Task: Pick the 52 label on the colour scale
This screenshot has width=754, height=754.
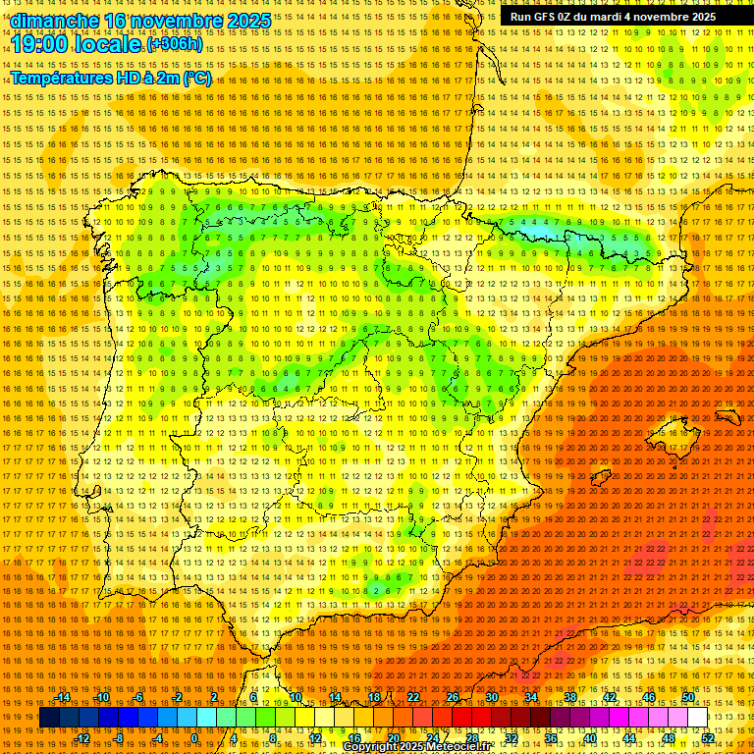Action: (x=707, y=738)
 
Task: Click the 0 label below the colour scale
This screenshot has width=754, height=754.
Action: (x=194, y=738)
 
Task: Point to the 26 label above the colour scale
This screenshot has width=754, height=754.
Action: (x=452, y=697)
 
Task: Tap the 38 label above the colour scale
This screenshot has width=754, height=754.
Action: (x=569, y=697)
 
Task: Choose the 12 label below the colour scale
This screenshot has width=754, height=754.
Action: (x=315, y=738)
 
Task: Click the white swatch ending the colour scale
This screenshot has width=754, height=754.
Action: (x=697, y=718)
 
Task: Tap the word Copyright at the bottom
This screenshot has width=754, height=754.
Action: (x=376, y=747)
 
